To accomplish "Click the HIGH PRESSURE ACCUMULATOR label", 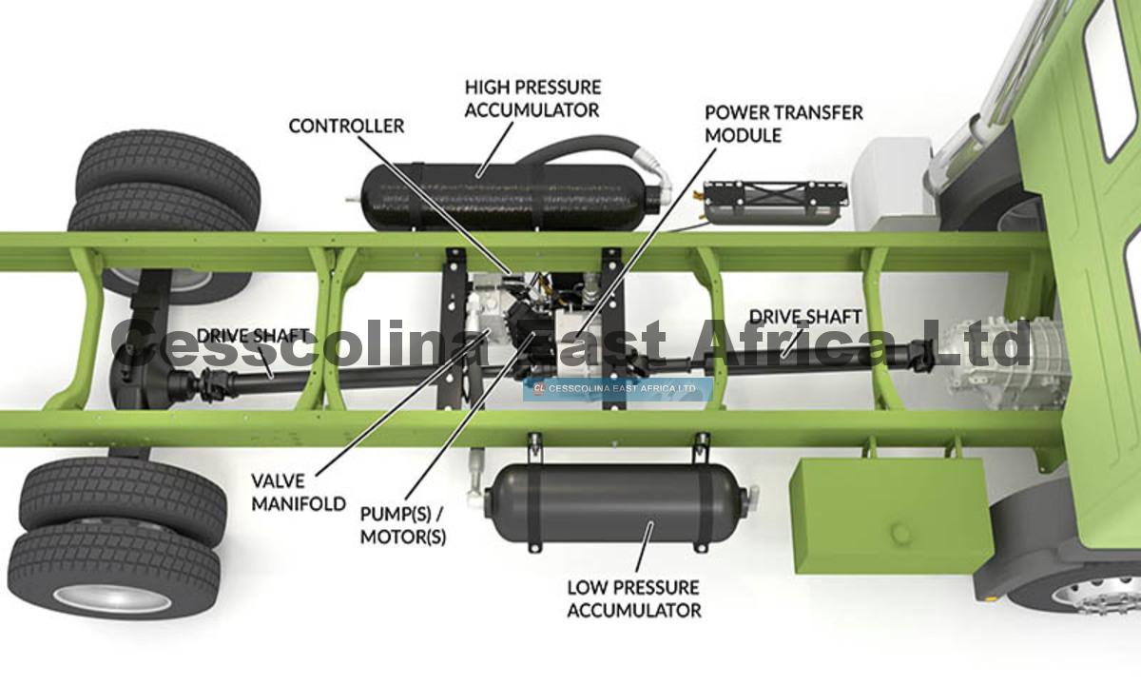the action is [532, 99].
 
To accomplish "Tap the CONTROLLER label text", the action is [346, 126].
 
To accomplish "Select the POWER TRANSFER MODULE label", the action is [783, 124].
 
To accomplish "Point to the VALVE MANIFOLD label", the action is [299, 493].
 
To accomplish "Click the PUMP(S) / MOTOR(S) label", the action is [403, 525].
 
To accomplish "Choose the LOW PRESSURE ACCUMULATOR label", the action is [634, 598].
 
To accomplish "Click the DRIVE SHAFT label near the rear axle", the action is [253, 336].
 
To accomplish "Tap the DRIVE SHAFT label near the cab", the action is [805, 317].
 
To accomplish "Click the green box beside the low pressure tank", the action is [892, 515].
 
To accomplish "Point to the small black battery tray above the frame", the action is [775, 202].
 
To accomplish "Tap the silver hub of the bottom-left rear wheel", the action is [112, 598].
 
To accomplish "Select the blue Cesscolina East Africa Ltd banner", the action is [617, 389].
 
